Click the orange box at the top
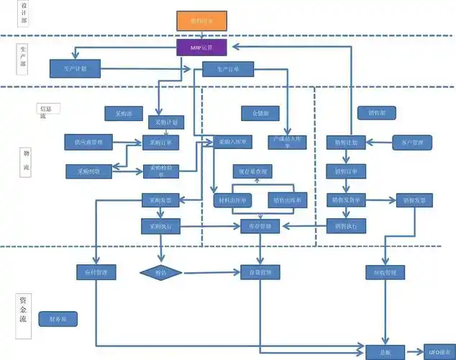point(201,21)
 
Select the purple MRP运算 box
point(201,48)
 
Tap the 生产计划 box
point(74,68)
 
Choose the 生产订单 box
point(222,69)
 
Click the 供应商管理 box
point(88,143)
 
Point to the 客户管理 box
point(412,143)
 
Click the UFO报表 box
point(439,351)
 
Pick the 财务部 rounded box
point(58,318)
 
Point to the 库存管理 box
point(260,227)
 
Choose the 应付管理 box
point(96,273)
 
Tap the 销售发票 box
point(413,199)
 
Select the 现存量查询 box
point(253,171)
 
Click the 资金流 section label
point(24,310)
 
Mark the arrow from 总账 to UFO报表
point(414,351)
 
